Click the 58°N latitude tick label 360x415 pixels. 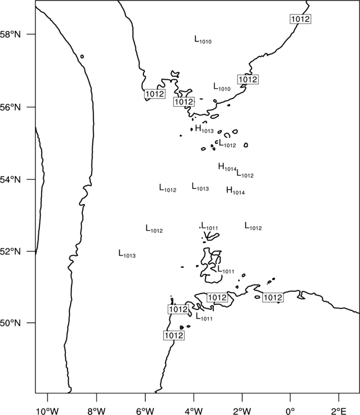tap(10, 34)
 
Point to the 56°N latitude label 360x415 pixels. tap(10, 107)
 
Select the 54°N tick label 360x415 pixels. tap(10, 179)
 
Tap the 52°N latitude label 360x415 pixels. tap(10, 251)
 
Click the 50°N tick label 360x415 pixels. tap(10, 323)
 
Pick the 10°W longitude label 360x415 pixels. tap(48, 411)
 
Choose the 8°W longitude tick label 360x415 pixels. tap(96, 411)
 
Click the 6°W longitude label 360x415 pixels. tap(145, 411)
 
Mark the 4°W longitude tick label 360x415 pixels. tap(194, 411)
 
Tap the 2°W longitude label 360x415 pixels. tap(243, 411)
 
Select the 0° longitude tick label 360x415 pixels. tap(291, 411)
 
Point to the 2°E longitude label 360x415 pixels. tap(339, 411)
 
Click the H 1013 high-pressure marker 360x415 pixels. tap(204, 129)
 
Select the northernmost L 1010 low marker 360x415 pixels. tap(203, 40)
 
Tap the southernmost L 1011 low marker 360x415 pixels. tap(204, 317)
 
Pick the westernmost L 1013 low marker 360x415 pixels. tap(127, 254)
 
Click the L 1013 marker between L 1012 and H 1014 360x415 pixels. tap(200, 187)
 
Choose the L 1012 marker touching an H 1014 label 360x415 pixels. tap(245, 174)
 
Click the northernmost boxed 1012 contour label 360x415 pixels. tap(300, 19)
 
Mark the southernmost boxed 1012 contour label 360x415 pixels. tap(174, 335)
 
